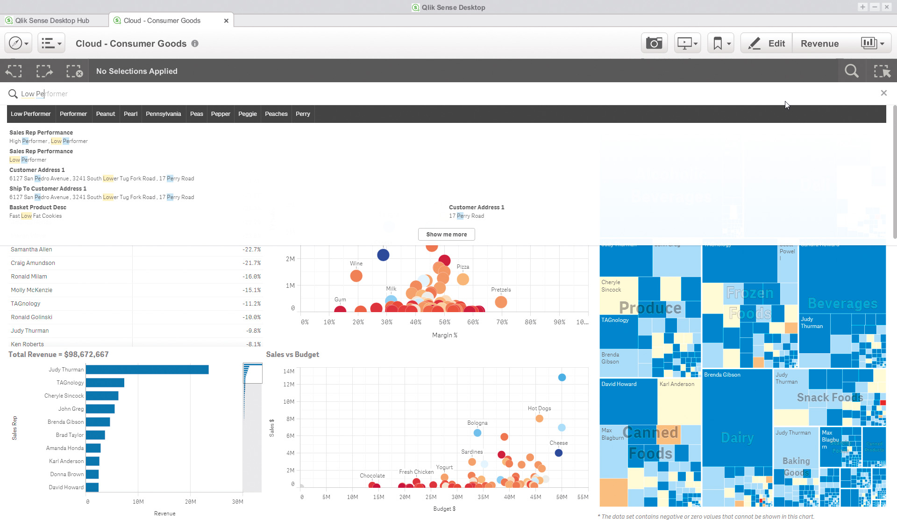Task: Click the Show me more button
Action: point(446,235)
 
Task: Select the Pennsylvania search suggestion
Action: point(163,114)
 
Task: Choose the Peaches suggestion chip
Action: point(276,114)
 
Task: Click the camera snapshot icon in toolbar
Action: point(654,43)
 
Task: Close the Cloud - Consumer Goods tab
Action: point(226,21)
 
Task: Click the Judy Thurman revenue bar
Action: point(147,370)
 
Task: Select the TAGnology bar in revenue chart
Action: point(105,383)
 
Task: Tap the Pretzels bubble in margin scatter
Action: point(501,302)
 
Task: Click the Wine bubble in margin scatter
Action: point(356,276)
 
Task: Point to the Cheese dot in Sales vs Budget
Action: point(558,453)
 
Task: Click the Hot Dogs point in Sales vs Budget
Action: point(539,418)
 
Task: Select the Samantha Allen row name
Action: point(32,250)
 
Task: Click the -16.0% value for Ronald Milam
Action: point(251,277)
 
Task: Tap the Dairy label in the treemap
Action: point(737,438)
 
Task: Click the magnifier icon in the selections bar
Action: point(851,71)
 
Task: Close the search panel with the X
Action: point(883,93)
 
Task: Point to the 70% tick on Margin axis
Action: point(502,322)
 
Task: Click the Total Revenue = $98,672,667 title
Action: point(58,355)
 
